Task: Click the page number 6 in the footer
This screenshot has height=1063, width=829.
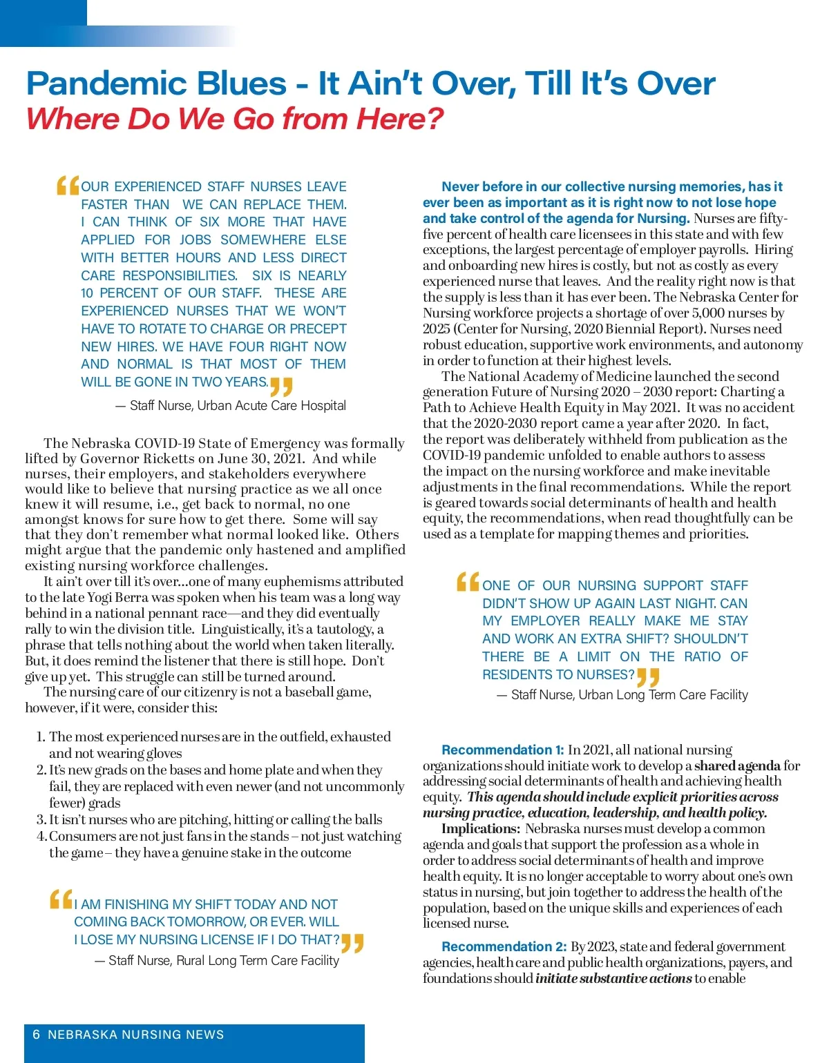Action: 37,1035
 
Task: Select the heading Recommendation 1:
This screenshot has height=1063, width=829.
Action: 502,750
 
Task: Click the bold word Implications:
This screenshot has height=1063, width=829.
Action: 481,828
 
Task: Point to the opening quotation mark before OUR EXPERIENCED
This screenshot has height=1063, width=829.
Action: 68,186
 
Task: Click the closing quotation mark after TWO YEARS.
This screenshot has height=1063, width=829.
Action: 281,386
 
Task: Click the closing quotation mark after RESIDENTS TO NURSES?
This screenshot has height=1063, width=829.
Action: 648,677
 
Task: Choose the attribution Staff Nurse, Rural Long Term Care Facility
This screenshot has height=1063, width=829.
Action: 223,961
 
